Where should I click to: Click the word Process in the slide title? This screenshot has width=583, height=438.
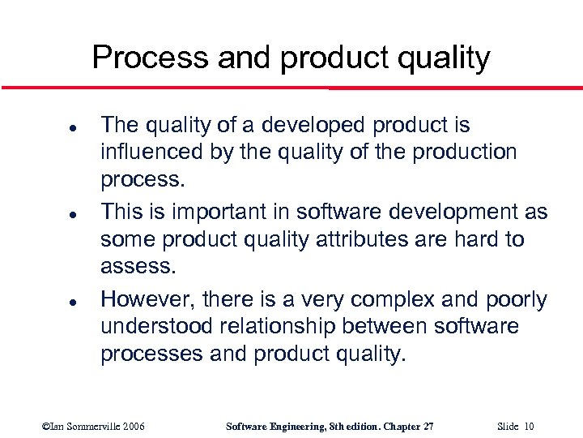pyautogui.click(x=147, y=58)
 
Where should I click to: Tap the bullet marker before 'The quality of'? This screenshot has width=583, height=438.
pyautogui.click(x=49, y=128)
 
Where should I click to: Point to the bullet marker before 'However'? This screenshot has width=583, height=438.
pyautogui.click(x=49, y=302)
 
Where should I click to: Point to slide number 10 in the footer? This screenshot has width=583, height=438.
pyautogui.click(x=529, y=427)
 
